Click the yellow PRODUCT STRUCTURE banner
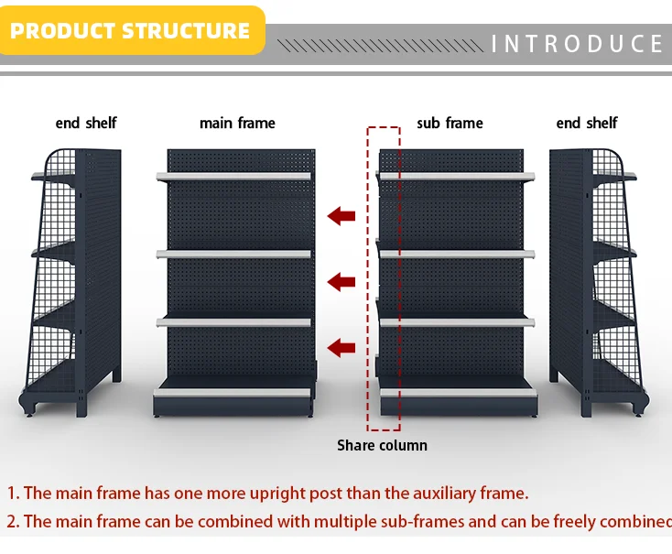[130, 30]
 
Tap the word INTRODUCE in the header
[577, 44]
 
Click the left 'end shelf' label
[86, 123]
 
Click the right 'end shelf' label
[587, 123]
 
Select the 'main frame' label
[237, 123]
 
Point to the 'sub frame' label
[450, 123]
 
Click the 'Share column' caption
[382, 445]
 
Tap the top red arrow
[341, 215]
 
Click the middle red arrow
[341, 281]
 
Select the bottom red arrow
[341, 347]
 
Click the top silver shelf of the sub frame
[456, 176]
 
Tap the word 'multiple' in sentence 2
[343, 521]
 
